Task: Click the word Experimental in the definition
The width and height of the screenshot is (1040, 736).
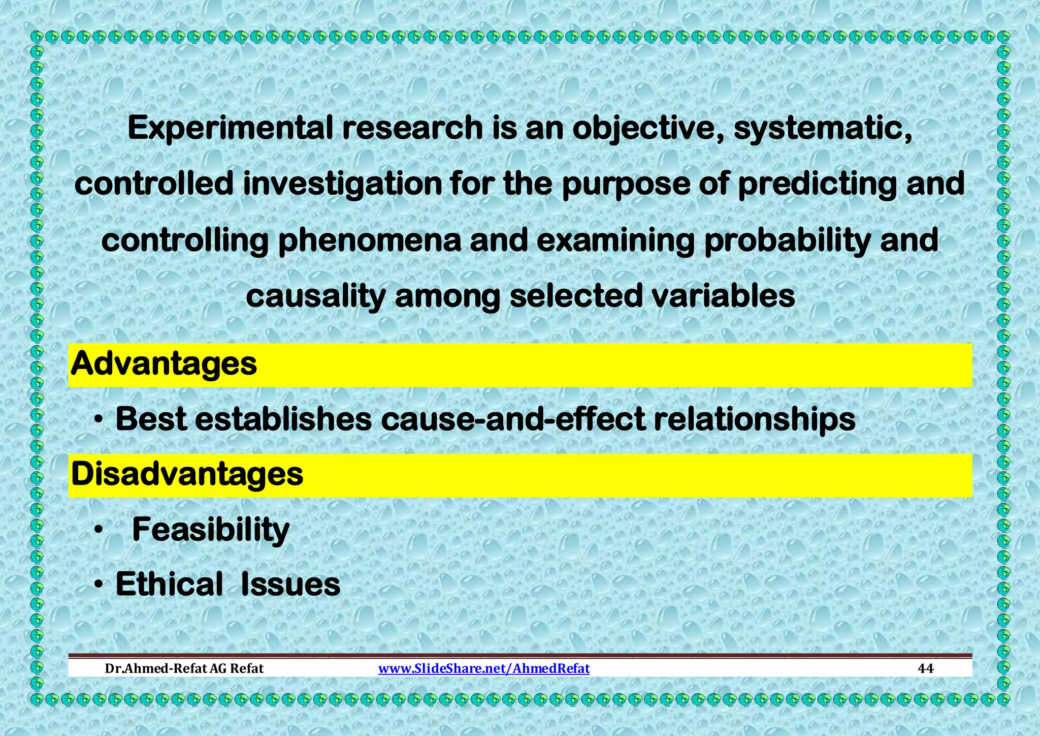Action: (230, 128)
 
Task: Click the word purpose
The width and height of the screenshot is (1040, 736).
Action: (626, 184)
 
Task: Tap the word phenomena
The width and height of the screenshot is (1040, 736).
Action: (370, 240)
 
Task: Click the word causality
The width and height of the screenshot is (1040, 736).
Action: (315, 296)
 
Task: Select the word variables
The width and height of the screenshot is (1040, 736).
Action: (724, 296)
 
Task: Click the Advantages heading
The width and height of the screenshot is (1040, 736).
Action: (164, 364)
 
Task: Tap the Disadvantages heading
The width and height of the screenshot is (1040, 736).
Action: (187, 474)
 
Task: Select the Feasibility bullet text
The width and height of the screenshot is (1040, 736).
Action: (210, 530)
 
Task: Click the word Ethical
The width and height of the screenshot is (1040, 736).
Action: (169, 585)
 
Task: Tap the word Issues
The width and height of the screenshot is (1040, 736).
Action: (290, 585)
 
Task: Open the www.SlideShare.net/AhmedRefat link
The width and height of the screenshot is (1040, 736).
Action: (484, 668)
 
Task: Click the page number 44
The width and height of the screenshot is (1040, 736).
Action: (926, 668)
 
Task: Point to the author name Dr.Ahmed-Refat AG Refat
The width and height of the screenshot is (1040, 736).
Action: (184, 668)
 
